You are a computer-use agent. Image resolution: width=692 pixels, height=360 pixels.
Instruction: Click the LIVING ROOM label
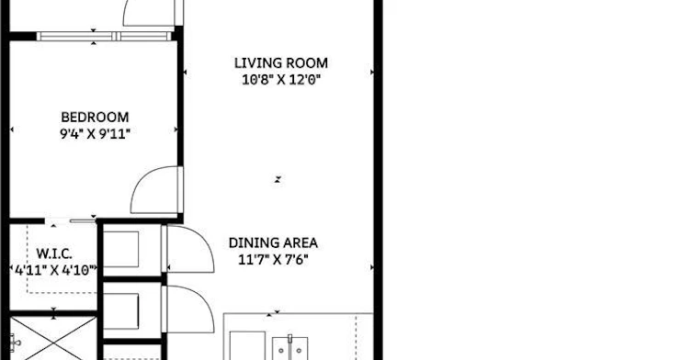pyautogui.click(x=281, y=63)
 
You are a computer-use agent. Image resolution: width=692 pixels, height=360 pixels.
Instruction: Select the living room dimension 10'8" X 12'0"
pyautogui.click(x=280, y=80)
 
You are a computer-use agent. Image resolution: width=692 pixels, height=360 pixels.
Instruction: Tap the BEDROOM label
pyautogui.click(x=95, y=118)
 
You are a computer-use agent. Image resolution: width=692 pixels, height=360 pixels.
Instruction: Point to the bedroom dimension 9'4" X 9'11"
pyautogui.click(x=96, y=134)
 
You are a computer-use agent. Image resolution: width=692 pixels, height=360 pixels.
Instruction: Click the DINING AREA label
pyautogui.click(x=273, y=243)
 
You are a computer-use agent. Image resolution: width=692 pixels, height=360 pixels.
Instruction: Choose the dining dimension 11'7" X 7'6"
pyautogui.click(x=273, y=260)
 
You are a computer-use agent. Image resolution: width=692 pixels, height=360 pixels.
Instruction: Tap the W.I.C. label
pyautogui.click(x=54, y=253)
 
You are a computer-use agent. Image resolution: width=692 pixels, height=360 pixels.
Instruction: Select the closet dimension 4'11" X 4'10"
pyautogui.click(x=55, y=270)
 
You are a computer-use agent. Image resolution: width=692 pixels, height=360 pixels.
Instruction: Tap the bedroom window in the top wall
pyautogui.click(x=104, y=36)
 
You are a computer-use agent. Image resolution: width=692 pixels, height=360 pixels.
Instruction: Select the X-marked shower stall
pyautogui.click(x=53, y=338)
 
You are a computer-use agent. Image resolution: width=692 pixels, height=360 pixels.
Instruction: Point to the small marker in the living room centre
pyautogui.click(x=278, y=180)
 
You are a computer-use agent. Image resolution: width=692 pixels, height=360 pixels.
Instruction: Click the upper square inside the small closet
pyautogui.click(x=121, y=249)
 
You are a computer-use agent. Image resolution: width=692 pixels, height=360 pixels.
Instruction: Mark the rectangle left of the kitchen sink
pyautogui.click(x=247, y=345)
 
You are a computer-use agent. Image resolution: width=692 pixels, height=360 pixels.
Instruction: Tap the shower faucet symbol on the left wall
pyautogui.click(x=15, y=342)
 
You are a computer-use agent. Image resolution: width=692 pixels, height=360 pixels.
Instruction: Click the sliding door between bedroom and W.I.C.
pyautogui.click(x=70, y=220)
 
